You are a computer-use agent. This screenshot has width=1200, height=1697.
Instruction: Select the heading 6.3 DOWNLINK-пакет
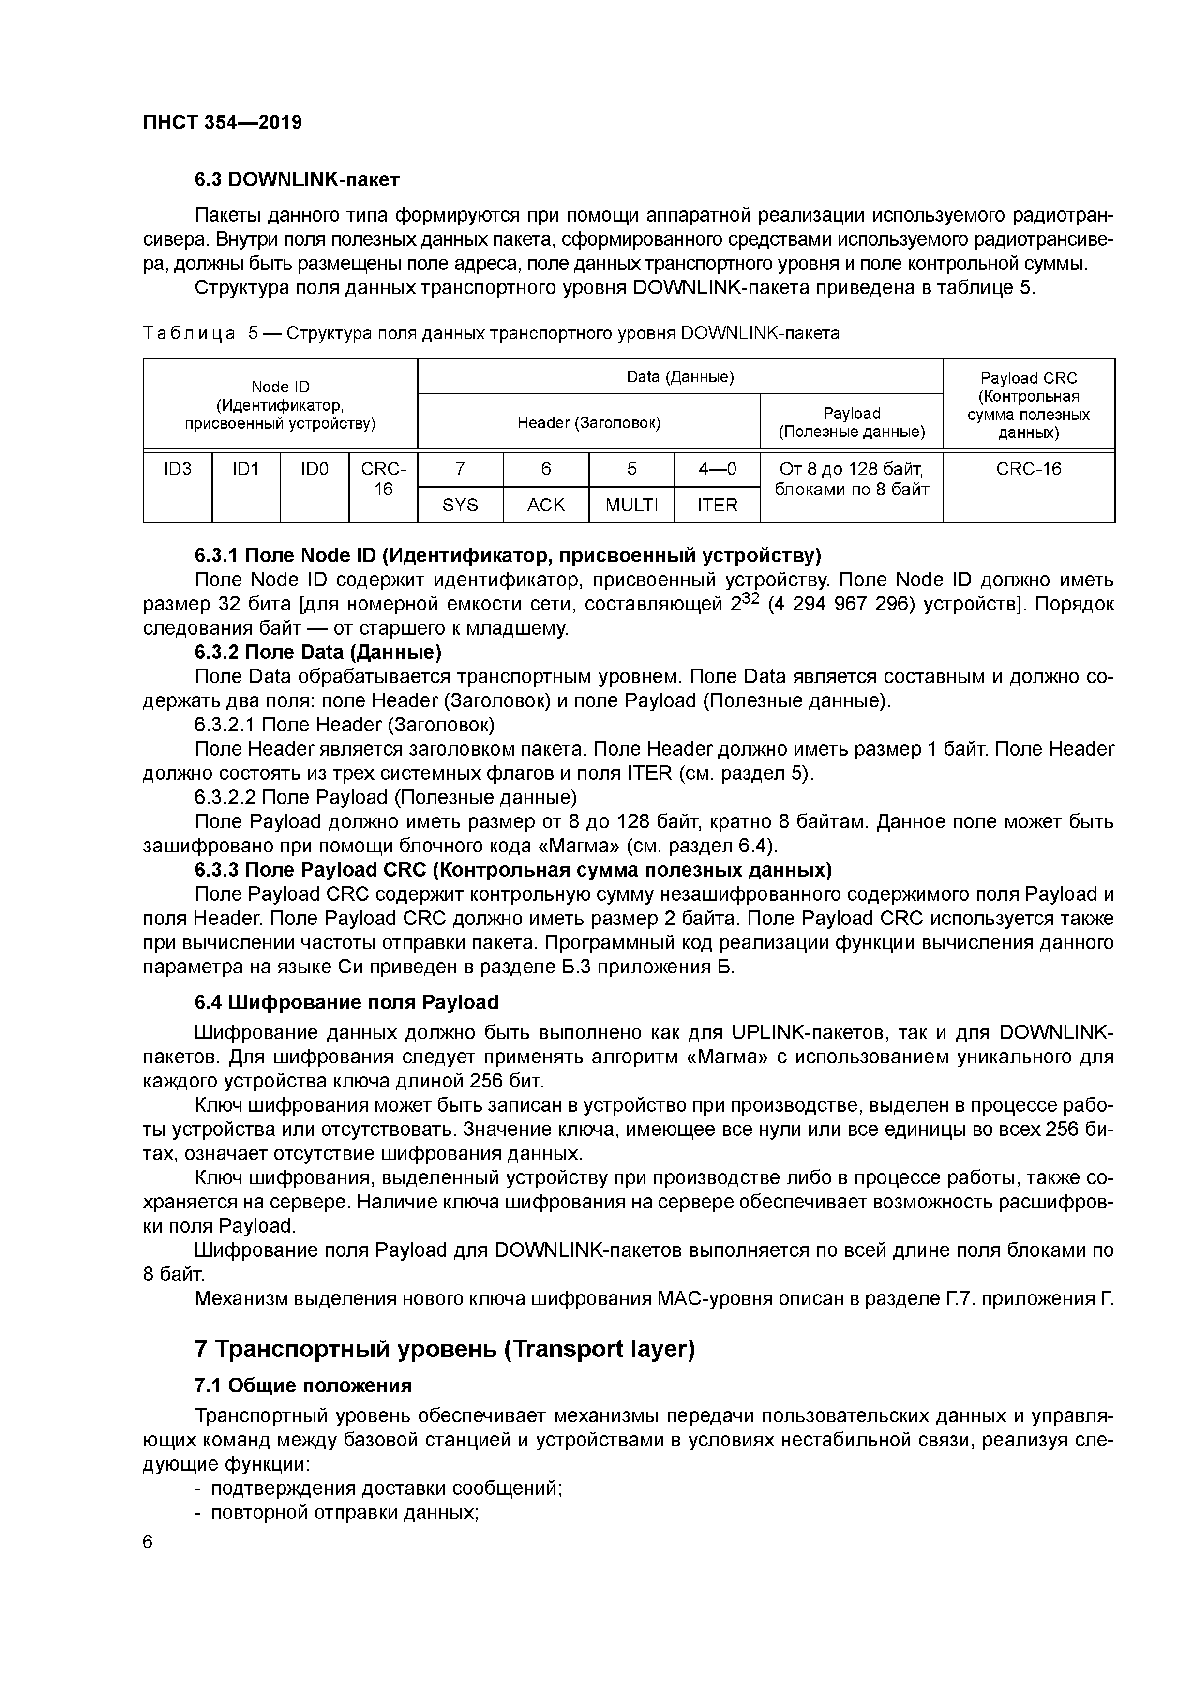297,179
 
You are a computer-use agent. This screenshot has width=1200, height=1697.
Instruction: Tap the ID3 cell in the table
178,469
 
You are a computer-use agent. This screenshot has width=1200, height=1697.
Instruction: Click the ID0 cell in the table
314,469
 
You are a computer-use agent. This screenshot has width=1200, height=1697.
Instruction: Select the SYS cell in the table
460,505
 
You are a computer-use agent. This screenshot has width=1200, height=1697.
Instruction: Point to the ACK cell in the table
546,505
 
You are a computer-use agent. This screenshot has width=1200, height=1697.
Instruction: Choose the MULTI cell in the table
631,505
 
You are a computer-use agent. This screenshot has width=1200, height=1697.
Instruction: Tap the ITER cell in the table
717,505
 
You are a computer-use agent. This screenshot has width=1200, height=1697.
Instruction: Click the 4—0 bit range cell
717,469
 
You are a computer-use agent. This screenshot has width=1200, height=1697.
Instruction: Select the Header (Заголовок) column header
588,422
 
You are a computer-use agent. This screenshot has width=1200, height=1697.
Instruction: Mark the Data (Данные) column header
680,377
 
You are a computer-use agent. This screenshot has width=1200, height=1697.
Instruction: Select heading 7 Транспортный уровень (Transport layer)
444,1349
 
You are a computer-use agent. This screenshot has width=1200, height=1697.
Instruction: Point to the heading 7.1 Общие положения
303,1385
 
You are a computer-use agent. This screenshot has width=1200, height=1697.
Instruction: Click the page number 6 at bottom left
147,1542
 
